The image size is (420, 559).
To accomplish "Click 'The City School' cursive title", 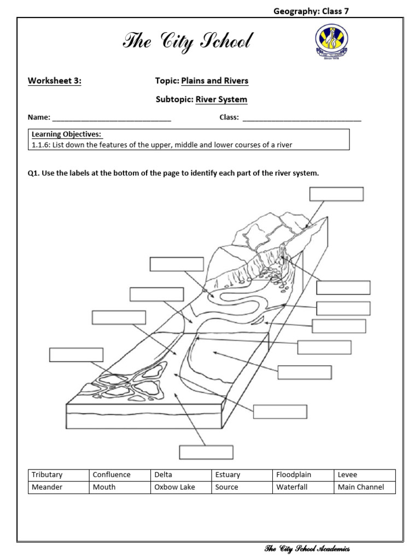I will [x=188, y=41].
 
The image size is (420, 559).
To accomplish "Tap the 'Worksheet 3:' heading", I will [x=55, y=81].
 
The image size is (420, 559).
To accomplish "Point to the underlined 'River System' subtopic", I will [x=221, y=99].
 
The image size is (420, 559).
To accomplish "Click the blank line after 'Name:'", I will [x=112, y=118].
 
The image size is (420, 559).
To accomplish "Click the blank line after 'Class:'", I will [x=301, y=118].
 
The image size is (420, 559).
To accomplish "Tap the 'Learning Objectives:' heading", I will [x=66, y=134].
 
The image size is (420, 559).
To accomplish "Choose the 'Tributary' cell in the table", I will [x=59, y=475].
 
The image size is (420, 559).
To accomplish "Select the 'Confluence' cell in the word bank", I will [x=120, y=475].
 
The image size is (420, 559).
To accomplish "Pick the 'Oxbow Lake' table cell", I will [x=181, y=487].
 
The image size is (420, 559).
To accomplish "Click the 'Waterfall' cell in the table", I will [x=303, y=487].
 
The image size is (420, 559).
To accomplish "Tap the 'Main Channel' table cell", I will [x=364, y=487].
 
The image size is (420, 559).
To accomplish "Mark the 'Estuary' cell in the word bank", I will [x=242, y=475].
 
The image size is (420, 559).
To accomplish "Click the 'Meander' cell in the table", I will [x=59, y=487].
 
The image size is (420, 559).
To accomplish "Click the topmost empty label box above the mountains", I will [x=336, y=194].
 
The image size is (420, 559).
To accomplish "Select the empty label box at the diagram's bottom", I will [x=206, y=452].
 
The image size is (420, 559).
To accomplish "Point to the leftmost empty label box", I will [x=76, y=354].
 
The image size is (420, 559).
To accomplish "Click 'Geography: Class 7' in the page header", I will [x=310, y=11].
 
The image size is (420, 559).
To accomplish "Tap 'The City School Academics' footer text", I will [x=307, y=549].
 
